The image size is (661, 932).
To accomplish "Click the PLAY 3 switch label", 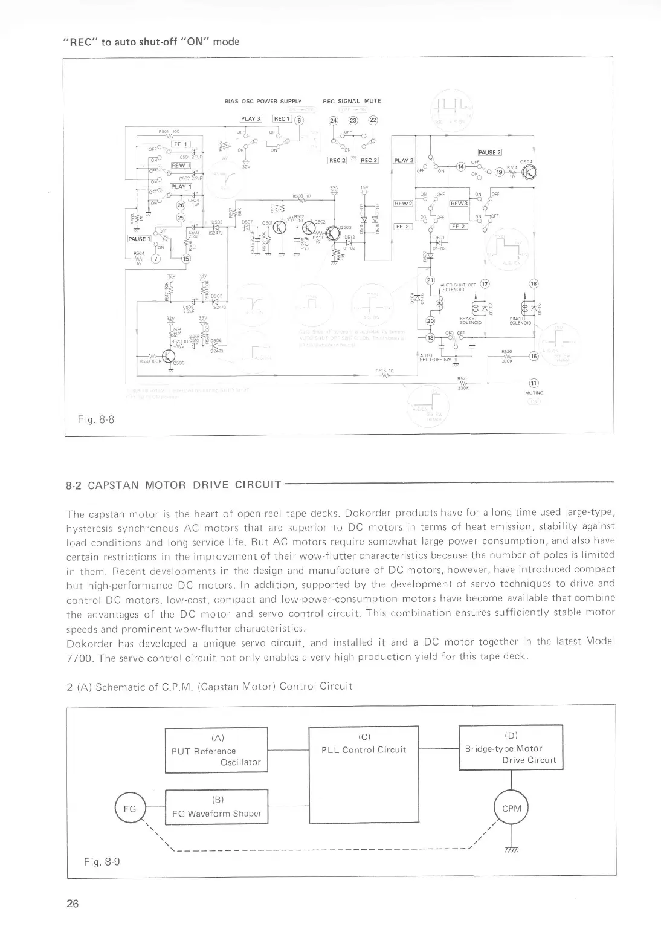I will (x=250, y=118).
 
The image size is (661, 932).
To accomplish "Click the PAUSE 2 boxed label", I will (x=490, y=152).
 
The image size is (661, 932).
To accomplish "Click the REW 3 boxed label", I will (x=460, y=203).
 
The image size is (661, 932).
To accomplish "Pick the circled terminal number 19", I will (x=499, y=172).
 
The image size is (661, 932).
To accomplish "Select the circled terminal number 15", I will (x=185, y=259).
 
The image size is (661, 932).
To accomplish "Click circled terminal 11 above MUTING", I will (x=534, y=383).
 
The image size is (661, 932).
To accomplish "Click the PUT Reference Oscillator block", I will (x=216, y=750).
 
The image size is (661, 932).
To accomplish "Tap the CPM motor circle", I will (x=511, y=808).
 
